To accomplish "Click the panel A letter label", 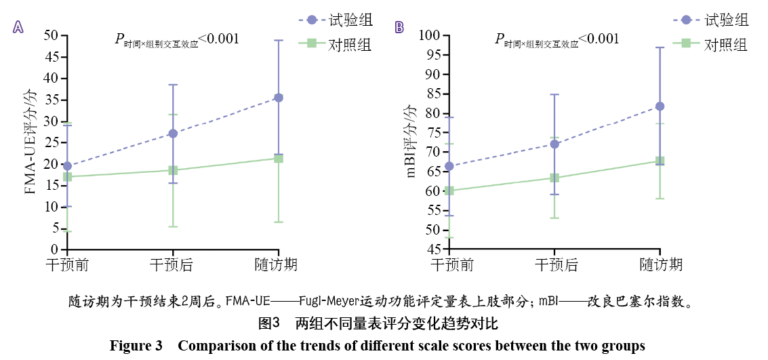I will [18, 27].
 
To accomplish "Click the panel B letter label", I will [399, 27].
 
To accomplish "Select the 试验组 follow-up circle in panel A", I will [279, 98].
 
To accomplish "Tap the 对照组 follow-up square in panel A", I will [279, 158].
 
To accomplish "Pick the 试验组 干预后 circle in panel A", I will [173, 134].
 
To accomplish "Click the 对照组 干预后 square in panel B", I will [554, 178].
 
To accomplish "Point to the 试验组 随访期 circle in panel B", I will [660, 106].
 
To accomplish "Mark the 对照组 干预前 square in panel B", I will [449, 191].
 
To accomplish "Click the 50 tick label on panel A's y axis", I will [50, 35].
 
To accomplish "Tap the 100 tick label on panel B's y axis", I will [429, 35].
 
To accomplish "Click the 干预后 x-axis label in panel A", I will [172, 264].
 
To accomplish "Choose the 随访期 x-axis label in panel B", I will [660, 264].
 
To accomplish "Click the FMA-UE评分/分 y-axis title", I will [30, 142].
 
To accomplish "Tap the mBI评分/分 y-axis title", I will [411, 142].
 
